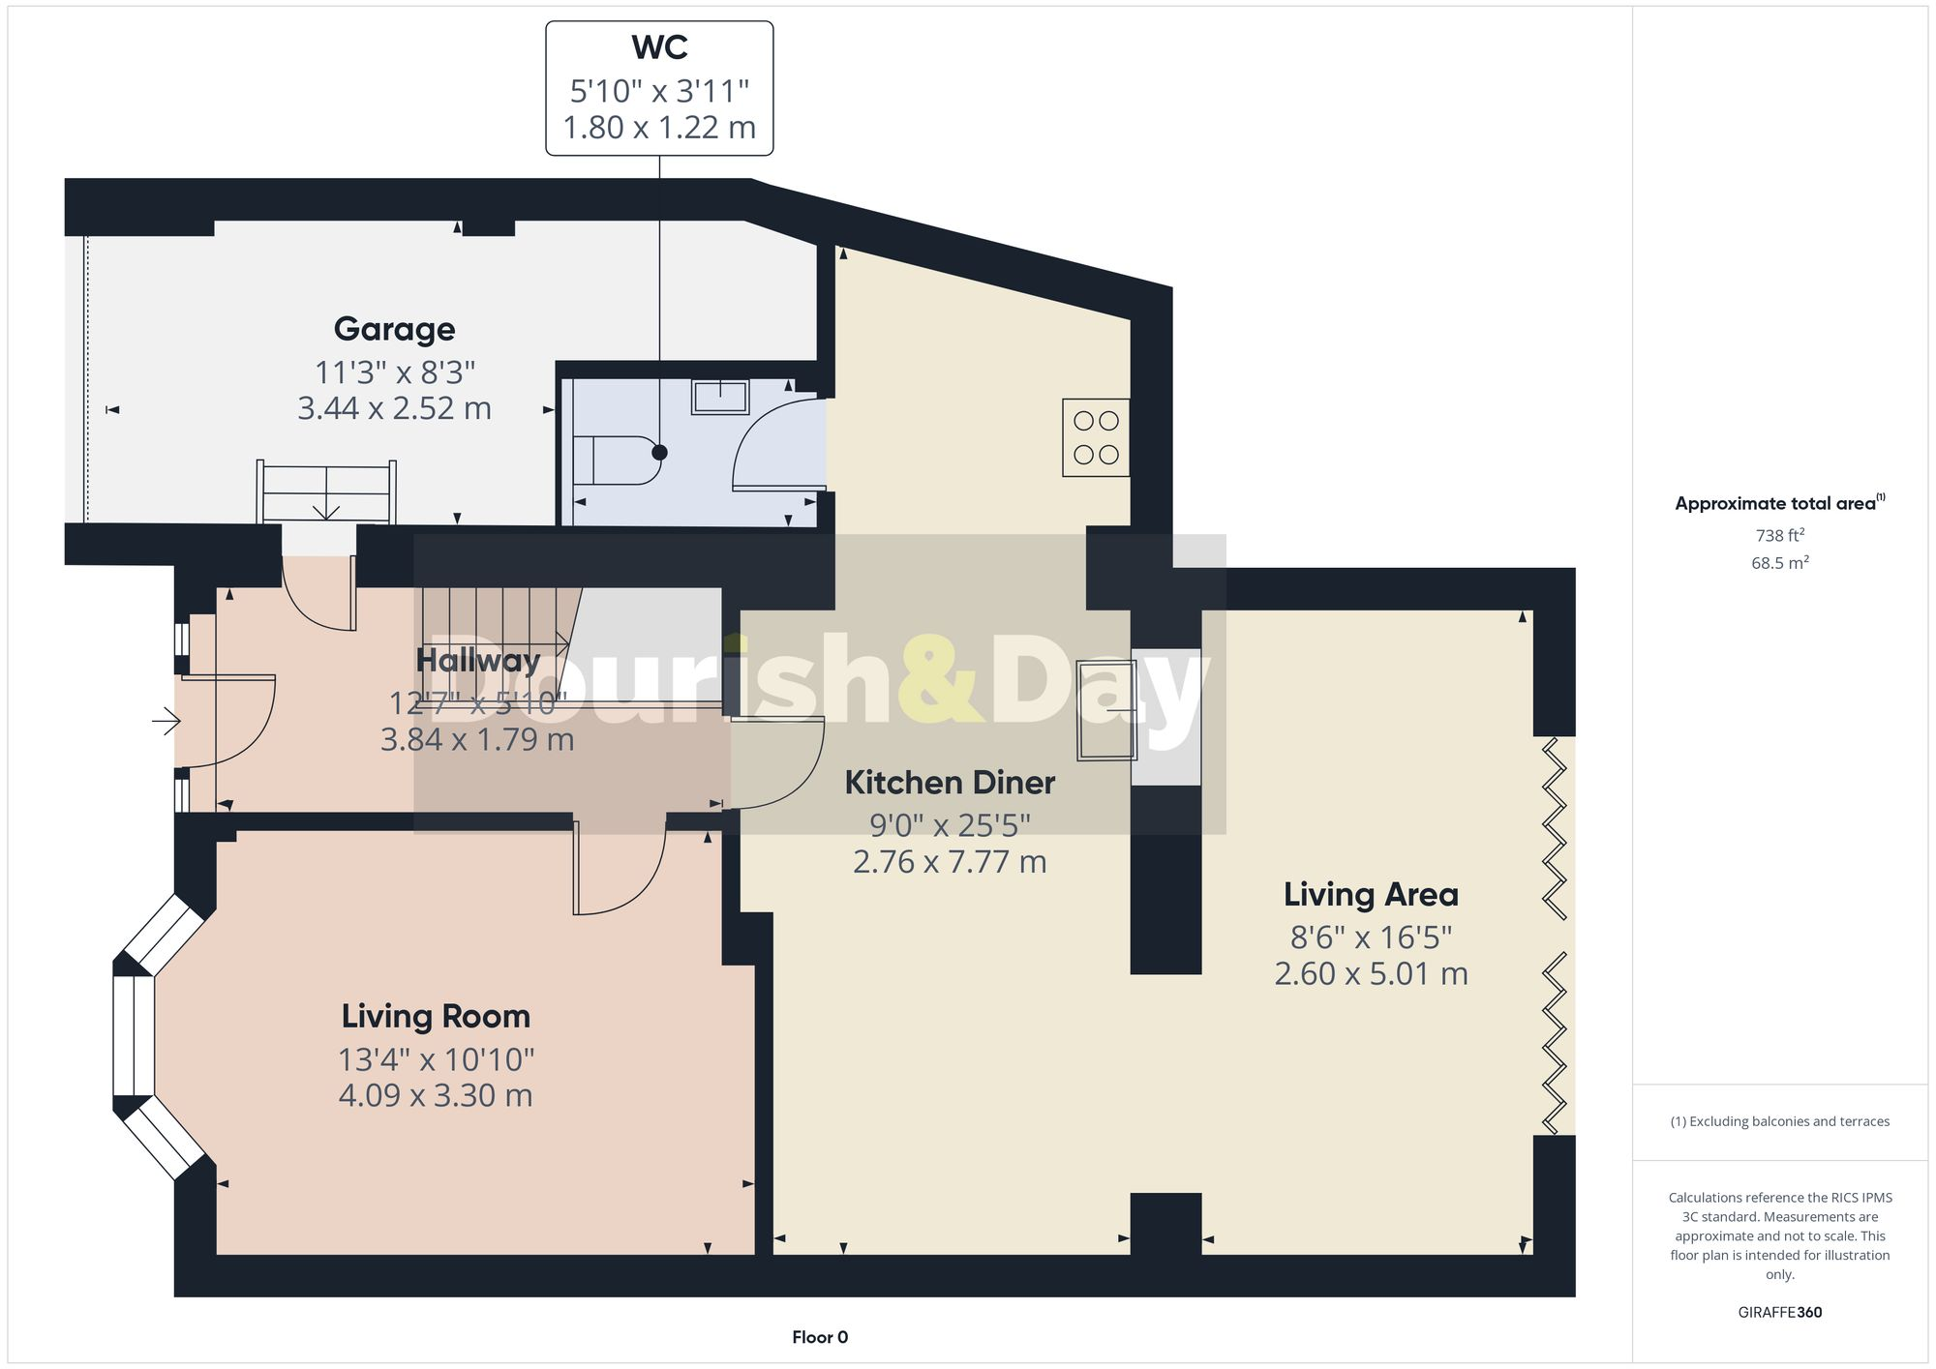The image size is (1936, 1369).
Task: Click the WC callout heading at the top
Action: [659, 47]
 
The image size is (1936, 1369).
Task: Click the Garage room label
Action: [394, 329]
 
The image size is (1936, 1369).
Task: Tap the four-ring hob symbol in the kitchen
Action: [1096, 437]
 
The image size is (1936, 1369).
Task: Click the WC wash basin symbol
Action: [719, 397]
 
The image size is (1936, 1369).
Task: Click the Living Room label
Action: [436, 1016]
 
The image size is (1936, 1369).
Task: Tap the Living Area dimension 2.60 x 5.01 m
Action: [1371, 973]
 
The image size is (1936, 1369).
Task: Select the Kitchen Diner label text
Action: [950, 782]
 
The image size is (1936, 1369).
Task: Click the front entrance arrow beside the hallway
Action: [166, 721]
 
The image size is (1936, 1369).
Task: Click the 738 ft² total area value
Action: [1779, 535]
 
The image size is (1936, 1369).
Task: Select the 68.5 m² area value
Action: [1779, 563]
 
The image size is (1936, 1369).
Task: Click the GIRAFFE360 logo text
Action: [1779, 1312]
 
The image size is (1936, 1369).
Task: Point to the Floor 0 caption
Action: [820, 1337]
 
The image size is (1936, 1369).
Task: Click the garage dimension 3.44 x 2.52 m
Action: [394, 408]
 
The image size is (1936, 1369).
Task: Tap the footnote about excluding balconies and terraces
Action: [1779, 1121]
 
